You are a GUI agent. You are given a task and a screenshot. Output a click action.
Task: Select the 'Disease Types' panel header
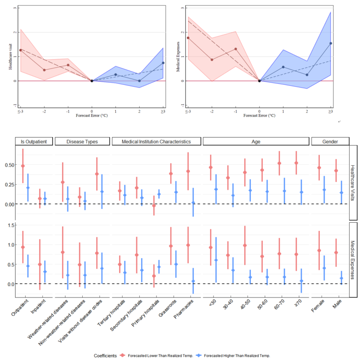click(82, 141)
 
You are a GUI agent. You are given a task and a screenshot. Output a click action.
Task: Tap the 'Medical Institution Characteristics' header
click(156, 141)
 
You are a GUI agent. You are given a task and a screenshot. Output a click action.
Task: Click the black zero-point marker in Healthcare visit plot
click(92, 81)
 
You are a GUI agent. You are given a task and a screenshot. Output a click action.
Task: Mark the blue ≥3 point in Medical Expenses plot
click(330, 43)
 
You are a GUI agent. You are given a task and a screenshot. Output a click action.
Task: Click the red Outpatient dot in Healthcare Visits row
click(23, 166)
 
